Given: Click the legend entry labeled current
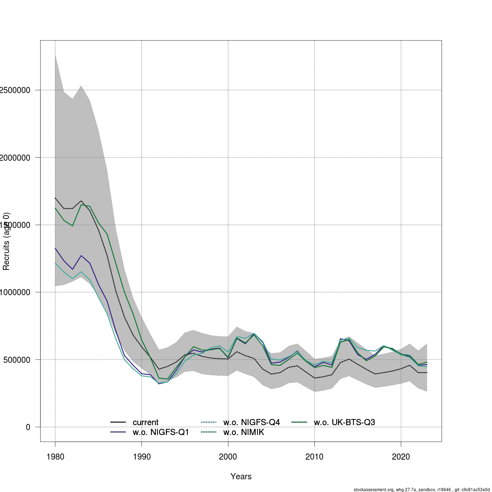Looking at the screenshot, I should [146, 422].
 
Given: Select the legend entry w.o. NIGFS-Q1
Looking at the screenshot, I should [161, 432].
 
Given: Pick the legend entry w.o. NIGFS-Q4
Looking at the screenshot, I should [251, 422].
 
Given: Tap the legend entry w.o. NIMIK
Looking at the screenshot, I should [244, 432].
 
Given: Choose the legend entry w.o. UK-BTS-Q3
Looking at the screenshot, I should [344, 422].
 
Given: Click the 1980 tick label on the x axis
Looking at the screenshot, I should [55, 456].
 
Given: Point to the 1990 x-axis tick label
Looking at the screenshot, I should [141, 456].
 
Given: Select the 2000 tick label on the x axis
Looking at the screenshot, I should [228, 456].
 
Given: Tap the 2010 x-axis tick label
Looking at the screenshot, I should [314, 456].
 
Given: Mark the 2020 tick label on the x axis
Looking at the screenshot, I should [401, 456].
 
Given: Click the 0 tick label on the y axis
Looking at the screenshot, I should [28, 427].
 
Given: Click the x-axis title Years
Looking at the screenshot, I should [241, 476].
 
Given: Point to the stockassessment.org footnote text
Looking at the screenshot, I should [421, 489].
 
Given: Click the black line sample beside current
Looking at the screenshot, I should [118, 422].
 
